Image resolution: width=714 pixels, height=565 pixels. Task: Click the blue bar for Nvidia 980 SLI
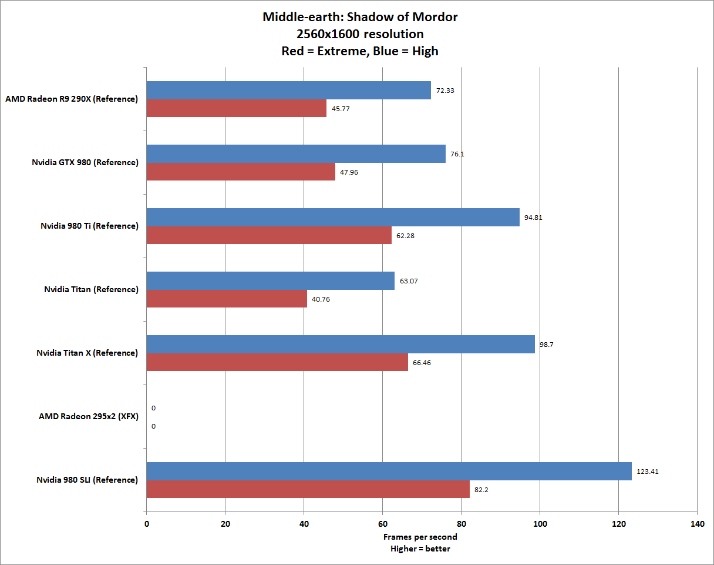pyautogui.click(x=389, y=471)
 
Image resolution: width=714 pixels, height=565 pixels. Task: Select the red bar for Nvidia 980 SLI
pyautogui.click(x=308, y=489)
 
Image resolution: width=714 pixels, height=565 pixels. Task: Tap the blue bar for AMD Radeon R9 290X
pyautogui.click(x=288, y=90)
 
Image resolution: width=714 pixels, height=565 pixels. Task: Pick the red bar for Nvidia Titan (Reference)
pyautogui.click(x=226, y=299)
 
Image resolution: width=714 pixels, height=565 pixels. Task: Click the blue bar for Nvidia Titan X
pyautogui.click(x=341, y=344)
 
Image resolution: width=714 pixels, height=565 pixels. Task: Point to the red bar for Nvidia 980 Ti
pyautogui.click(x=268, y=235)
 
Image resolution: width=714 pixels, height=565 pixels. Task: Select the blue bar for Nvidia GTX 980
pyautogui.click(x=295, y=153)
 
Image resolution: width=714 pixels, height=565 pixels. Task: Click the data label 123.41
pyautogui.click(x=648, y=471)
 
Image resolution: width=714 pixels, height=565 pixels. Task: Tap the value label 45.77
pyautogui.click(x=341, y=109)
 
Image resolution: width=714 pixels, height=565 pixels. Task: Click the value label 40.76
pyautogui.click(x=321, y=299)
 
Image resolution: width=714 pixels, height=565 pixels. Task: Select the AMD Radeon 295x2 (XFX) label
pyautogui.click(x=88, y=416)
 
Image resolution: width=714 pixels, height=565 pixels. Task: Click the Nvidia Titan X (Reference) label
pyautogui.click(x=87, y=353)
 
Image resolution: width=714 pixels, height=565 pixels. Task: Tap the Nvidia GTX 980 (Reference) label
pyautogui.click(x=85, y=162)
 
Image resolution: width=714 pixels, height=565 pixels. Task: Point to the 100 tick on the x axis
pyautogui.click(x=540, y=524)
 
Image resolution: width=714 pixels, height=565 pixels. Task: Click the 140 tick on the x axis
pyautogui.click(x=697, y=524)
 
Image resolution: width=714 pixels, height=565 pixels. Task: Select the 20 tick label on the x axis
pyautogui.click(x=225, y=524)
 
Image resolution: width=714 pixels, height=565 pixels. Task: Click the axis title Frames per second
pyautogui.click(x=420, y=537)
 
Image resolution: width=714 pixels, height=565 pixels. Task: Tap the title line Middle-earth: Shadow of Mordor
pyautogui.click(x=360, y=16)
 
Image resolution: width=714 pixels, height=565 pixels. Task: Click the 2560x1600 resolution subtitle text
pyautogui.click(x=360, y=34)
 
